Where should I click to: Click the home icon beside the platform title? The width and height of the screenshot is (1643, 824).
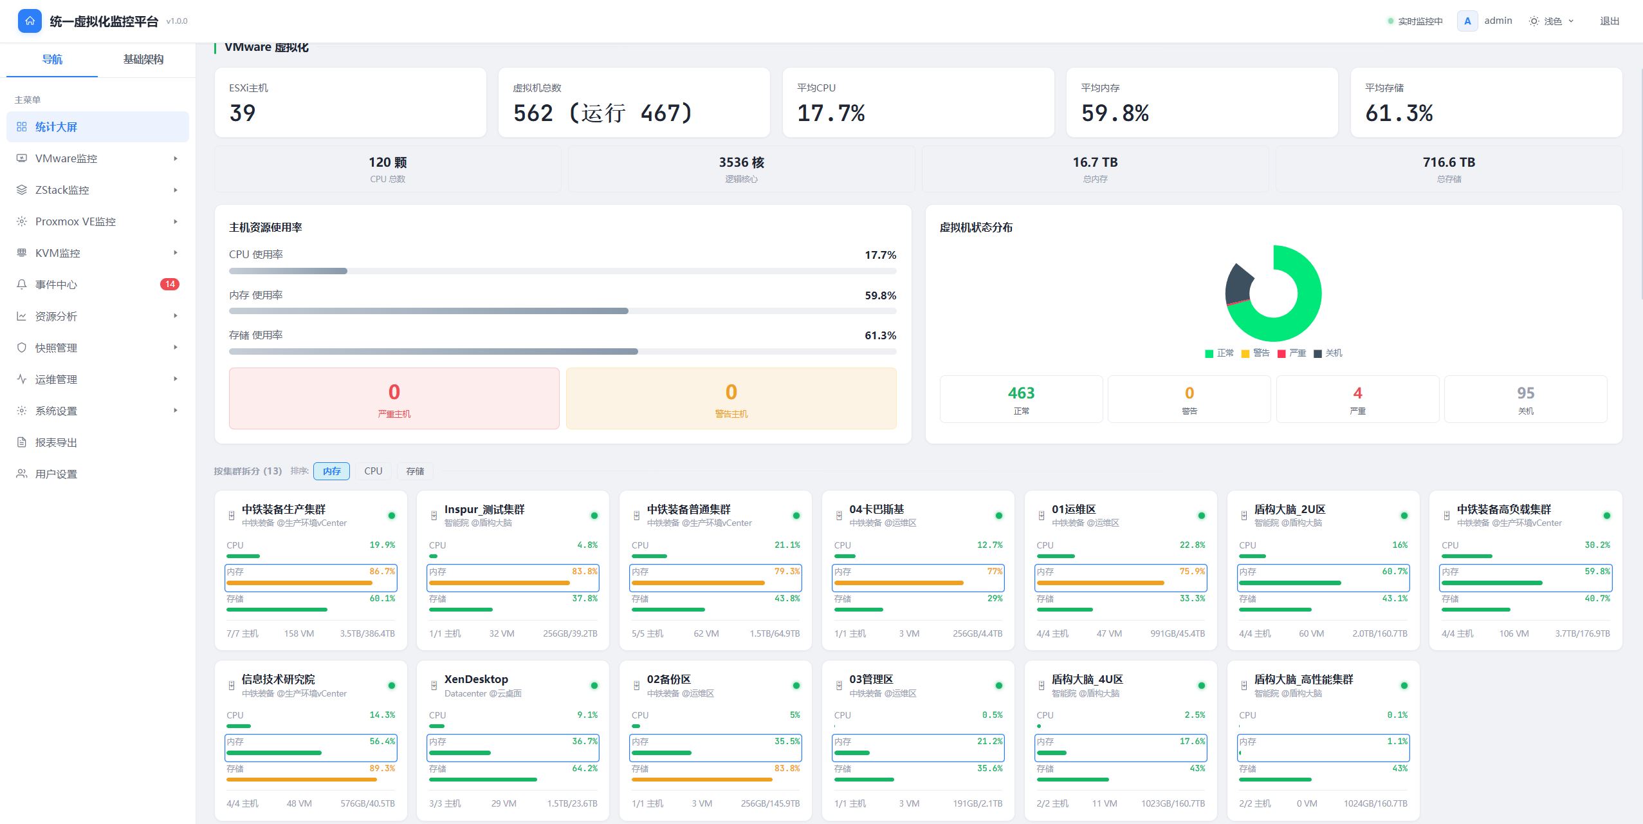tap(30, 21)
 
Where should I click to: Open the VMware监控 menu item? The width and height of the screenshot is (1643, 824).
tap(66, 158)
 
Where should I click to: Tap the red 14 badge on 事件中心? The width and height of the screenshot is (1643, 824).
tap(170, 284)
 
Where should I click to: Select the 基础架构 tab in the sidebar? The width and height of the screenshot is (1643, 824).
tap(143, 59)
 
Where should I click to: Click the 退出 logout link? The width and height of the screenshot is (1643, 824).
tap(1610, 21)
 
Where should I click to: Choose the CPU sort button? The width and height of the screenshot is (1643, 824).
tap(373, 471)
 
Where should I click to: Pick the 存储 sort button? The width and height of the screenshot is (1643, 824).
tap(415, 471)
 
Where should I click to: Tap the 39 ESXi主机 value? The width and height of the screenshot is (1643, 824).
tap(243, 113)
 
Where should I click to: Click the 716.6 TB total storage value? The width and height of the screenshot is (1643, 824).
tap(1449, 162)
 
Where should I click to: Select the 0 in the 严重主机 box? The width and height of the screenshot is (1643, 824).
tap(394, 392)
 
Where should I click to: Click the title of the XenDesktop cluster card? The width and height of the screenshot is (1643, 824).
tap(476, 679)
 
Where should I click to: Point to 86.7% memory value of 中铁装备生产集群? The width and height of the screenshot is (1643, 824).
tap(382, 572)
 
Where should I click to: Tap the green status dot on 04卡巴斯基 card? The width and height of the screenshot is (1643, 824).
tap(999, 516)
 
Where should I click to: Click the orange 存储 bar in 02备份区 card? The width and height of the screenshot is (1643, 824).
tap(702, 780)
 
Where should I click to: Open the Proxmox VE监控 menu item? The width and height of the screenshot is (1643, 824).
tap(75, 221)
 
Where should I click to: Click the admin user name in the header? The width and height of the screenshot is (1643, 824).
tap(1498, 21)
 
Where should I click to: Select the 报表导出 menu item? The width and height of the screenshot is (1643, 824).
tap(56, 442)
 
